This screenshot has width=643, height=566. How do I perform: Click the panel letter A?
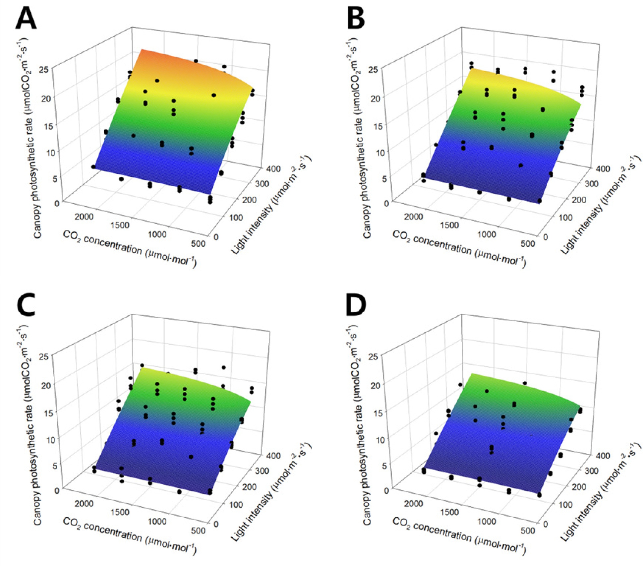[26, 19]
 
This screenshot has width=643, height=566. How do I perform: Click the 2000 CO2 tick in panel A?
[84, 217]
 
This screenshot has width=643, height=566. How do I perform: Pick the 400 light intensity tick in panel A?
[273, 169]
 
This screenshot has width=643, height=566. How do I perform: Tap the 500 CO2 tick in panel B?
[528, 243]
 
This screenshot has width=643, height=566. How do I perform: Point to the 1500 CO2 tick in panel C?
[120, 512]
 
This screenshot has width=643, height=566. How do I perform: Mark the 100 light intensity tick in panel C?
[236, 504]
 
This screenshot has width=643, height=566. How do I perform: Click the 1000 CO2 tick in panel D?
[486, 521]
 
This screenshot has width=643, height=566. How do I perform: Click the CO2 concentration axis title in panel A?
[129, 249]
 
